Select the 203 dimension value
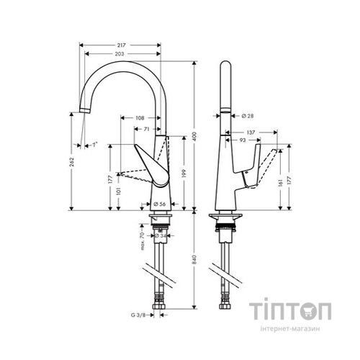tap(120, 55)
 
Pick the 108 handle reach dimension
tap(140, 118)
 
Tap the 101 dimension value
tap(120, 192)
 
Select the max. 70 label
tap(141, 235)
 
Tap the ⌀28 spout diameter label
tap(245, 114)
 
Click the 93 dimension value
tap(243, 142)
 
